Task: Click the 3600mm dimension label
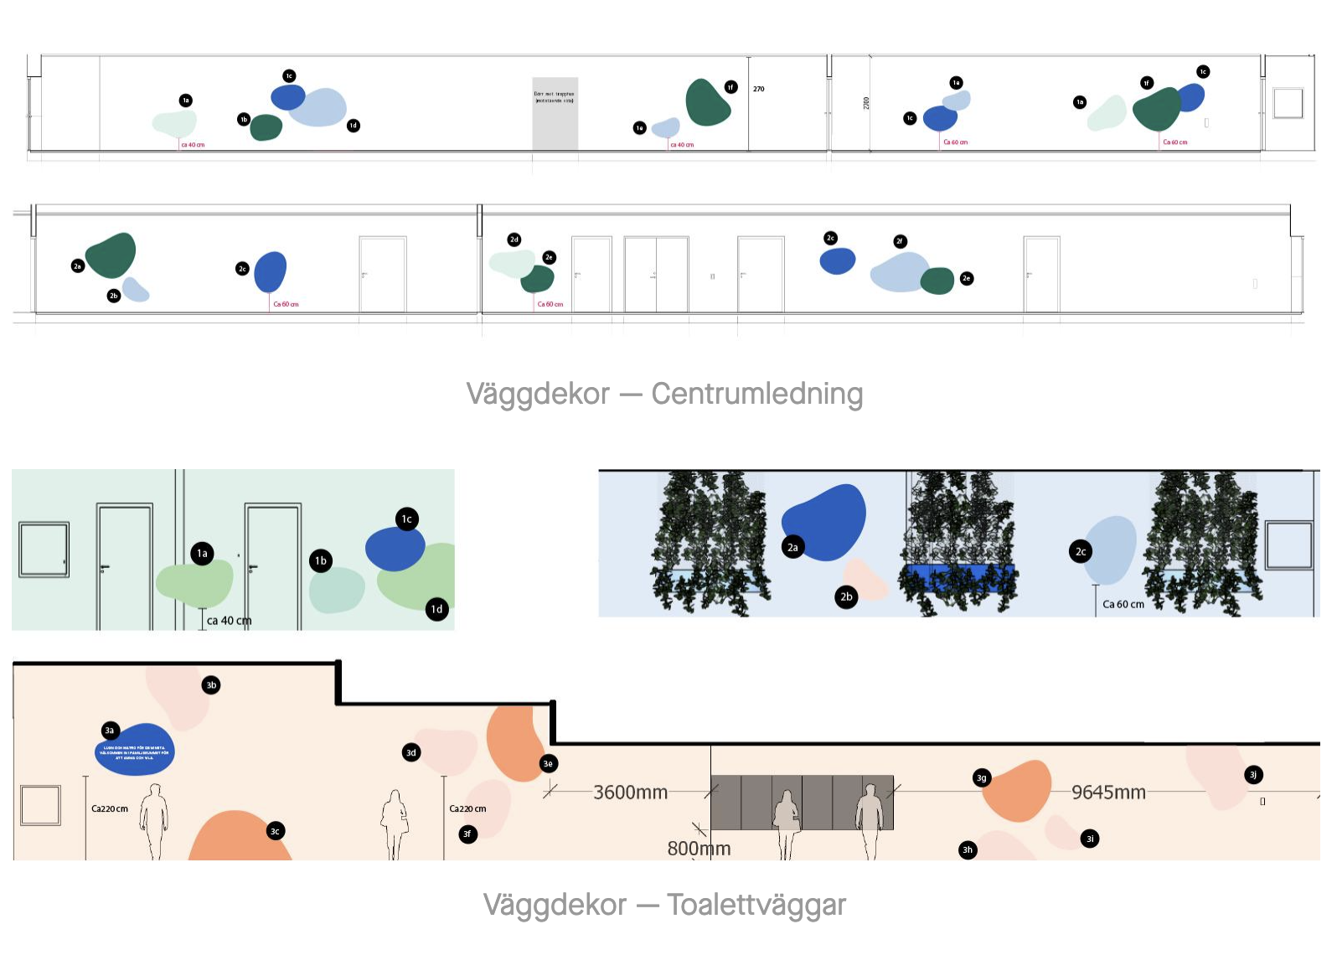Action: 630,792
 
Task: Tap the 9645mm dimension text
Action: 1108,792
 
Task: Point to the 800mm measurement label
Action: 699,849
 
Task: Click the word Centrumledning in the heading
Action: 756,394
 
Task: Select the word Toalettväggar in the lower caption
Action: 756,905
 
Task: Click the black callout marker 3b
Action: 211,685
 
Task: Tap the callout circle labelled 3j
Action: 1253,775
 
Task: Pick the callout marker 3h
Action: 968,850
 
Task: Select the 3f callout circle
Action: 467,834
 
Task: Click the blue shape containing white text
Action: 135,750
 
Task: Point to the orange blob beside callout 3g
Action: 1019,789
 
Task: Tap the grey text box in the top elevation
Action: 555,113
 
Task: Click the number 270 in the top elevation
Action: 758,89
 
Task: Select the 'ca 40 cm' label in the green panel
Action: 229,621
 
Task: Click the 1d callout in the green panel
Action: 436,609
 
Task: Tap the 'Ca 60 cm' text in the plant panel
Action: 1123,604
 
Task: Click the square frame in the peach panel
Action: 40,805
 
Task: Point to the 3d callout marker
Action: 411,752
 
